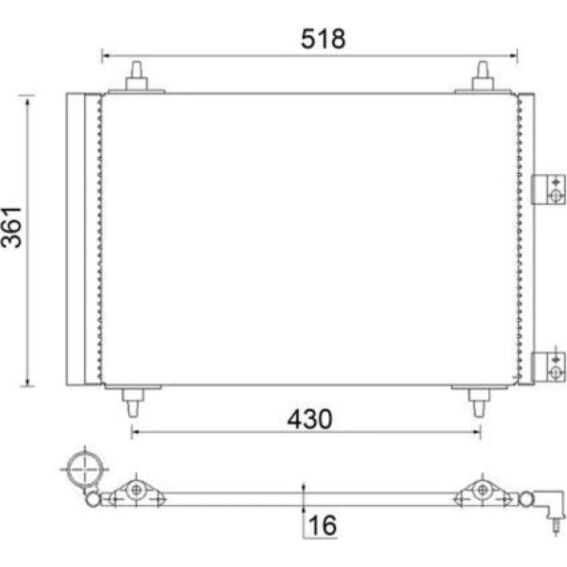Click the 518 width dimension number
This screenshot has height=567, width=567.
323,39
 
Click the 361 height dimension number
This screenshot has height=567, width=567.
11,227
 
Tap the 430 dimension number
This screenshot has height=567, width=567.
310,419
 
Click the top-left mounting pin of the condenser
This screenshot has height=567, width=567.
136,77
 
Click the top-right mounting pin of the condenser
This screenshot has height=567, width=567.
483,77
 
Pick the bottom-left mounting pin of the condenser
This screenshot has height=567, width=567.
133,402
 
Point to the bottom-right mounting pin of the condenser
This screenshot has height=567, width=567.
479,402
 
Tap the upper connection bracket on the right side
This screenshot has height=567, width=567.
548,189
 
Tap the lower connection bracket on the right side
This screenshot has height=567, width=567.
548,367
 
